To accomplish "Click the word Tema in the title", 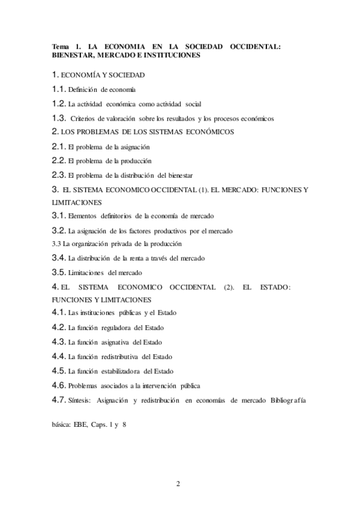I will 61,46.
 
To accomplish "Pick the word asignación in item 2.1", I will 131,147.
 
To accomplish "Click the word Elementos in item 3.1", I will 84,215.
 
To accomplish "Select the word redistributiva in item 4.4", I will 123,357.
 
